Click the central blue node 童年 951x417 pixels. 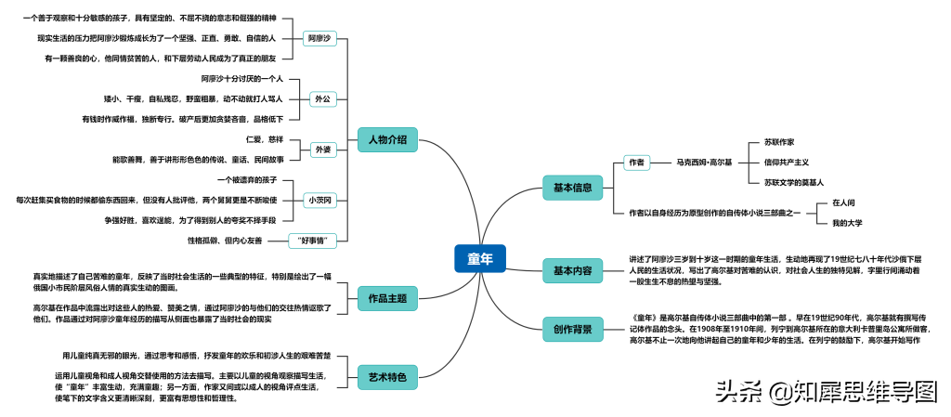[480, 259]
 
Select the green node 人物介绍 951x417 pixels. [387, 139]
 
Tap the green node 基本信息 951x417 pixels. [572, 188]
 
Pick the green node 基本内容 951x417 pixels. [572, 271]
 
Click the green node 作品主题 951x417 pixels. [387, 299]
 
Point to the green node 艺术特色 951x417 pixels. [387, 376]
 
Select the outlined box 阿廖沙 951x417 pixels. [319, 38]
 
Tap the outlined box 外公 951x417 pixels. [322, 98]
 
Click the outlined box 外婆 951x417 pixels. [322, 149]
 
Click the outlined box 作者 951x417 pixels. [636, 163]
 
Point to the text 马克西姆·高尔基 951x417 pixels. [704, 163]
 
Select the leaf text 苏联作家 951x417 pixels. [778, 142]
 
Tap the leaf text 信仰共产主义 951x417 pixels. [786, 163]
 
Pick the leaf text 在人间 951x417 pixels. [843, 202]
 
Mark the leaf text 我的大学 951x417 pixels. [847, 223]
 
